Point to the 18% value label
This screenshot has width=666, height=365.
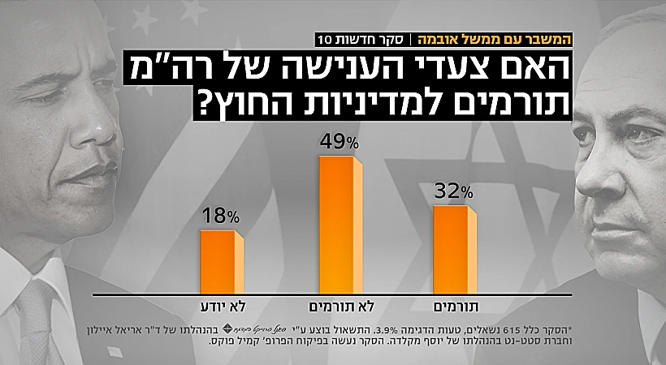click(221, 217)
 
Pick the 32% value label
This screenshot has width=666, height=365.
click(454, 192)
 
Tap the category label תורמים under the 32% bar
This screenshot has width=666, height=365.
click(451, 307)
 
